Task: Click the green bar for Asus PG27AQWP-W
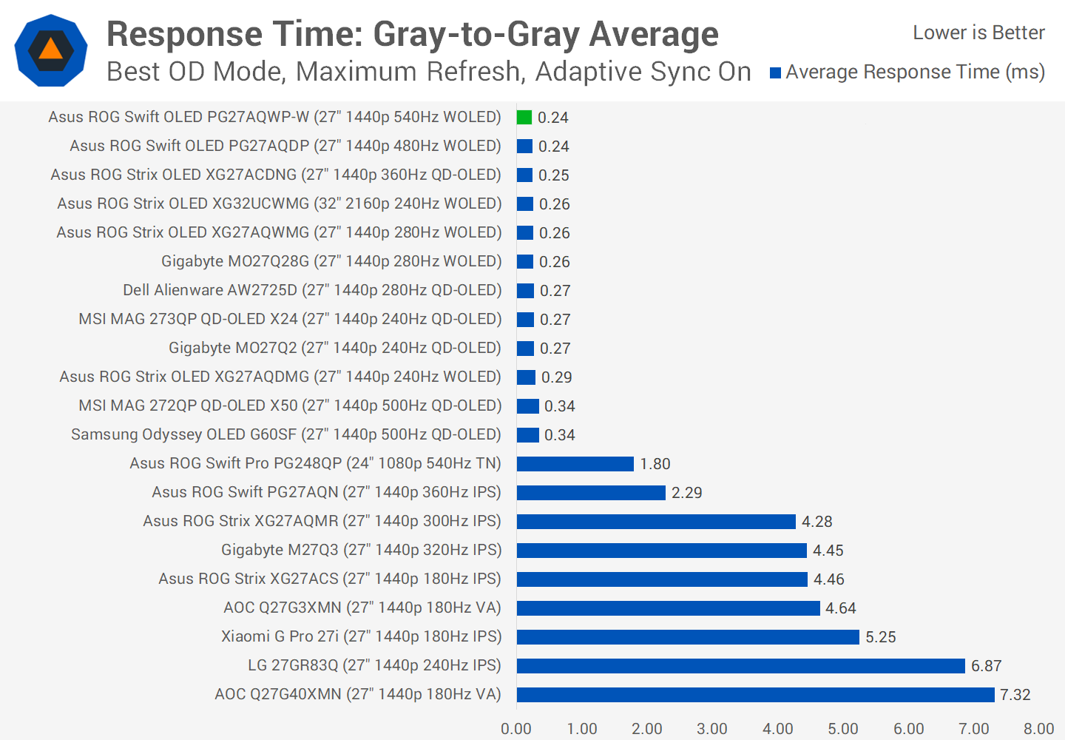click(524, 117)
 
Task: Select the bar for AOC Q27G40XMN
click(755, 694)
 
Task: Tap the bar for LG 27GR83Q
click(740, 665)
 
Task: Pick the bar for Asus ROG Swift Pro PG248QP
click(575, 463)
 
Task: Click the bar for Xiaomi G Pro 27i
click(688, 636)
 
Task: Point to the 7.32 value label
click(1015, 694)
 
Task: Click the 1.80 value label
click(655, 463)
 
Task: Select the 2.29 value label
click(686, 492)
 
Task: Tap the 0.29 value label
click(556, 377)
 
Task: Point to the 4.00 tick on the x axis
click(777, 728)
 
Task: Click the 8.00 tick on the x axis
click(1038, 728)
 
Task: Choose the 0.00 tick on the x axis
click(516, 728)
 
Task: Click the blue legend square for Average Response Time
click(775, 73)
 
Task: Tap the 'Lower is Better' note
click(978, 33)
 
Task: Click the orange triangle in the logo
click(50, 50)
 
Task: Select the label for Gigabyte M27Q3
click(361, 550)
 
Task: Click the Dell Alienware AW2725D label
click(312, 290)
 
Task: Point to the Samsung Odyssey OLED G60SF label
click(285, 434)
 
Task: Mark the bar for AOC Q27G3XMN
click(668, 608)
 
